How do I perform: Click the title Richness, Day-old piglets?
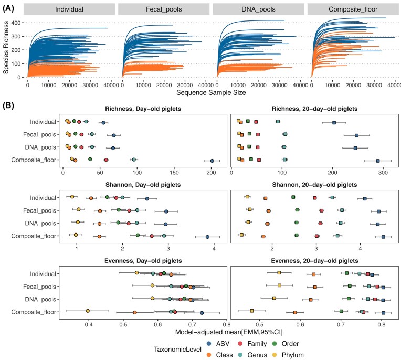pyautogui.click(x=143, y=109)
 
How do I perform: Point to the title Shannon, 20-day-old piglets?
pyautogui.click(x=312, y=185)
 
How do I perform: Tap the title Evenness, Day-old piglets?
pyautogui.click(x=143, y=261)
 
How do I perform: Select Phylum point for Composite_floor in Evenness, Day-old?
pyautogui.click(x=88, y=311)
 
